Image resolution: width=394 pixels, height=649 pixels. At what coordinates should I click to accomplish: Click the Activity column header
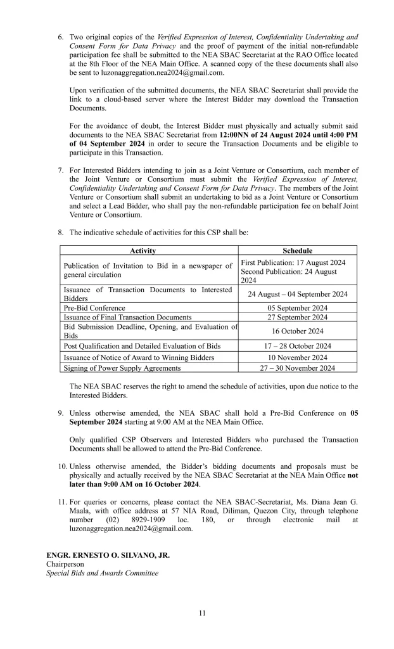pyautogui.click(x=149, y=251)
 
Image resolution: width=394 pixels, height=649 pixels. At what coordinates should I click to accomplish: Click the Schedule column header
pyautogui.click(x=297, y=251)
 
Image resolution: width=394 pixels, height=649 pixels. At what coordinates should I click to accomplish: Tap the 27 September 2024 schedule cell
pyautogui.click(x=297, y=318)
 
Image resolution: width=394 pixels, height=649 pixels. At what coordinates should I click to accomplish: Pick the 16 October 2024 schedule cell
pyautogui.click(x=297, y=331)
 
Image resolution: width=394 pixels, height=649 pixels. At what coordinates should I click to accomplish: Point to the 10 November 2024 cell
pyautogui.click(x=297, y=358)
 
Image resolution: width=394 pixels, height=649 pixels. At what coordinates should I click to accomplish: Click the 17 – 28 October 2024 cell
pyautogui.click(x=297, y=346)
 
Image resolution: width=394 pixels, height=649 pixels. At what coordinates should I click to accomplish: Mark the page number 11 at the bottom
pyautogui.click(x=201, y=612)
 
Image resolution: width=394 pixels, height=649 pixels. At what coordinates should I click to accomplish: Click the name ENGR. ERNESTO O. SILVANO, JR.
pyautogui.click(x=108, y=555)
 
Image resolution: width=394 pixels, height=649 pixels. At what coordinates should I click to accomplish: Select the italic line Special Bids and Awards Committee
pyautogui.click(x=102, y=573)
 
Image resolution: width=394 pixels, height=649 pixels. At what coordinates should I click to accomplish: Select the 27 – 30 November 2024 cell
pyautogui.click(x=297, y=368)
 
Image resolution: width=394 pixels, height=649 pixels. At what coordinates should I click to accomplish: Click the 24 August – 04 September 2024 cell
pyautogui.click(x=297, y=294)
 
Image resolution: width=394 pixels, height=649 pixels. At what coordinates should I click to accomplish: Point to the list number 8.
pyautogui.click(x=61, y=233)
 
